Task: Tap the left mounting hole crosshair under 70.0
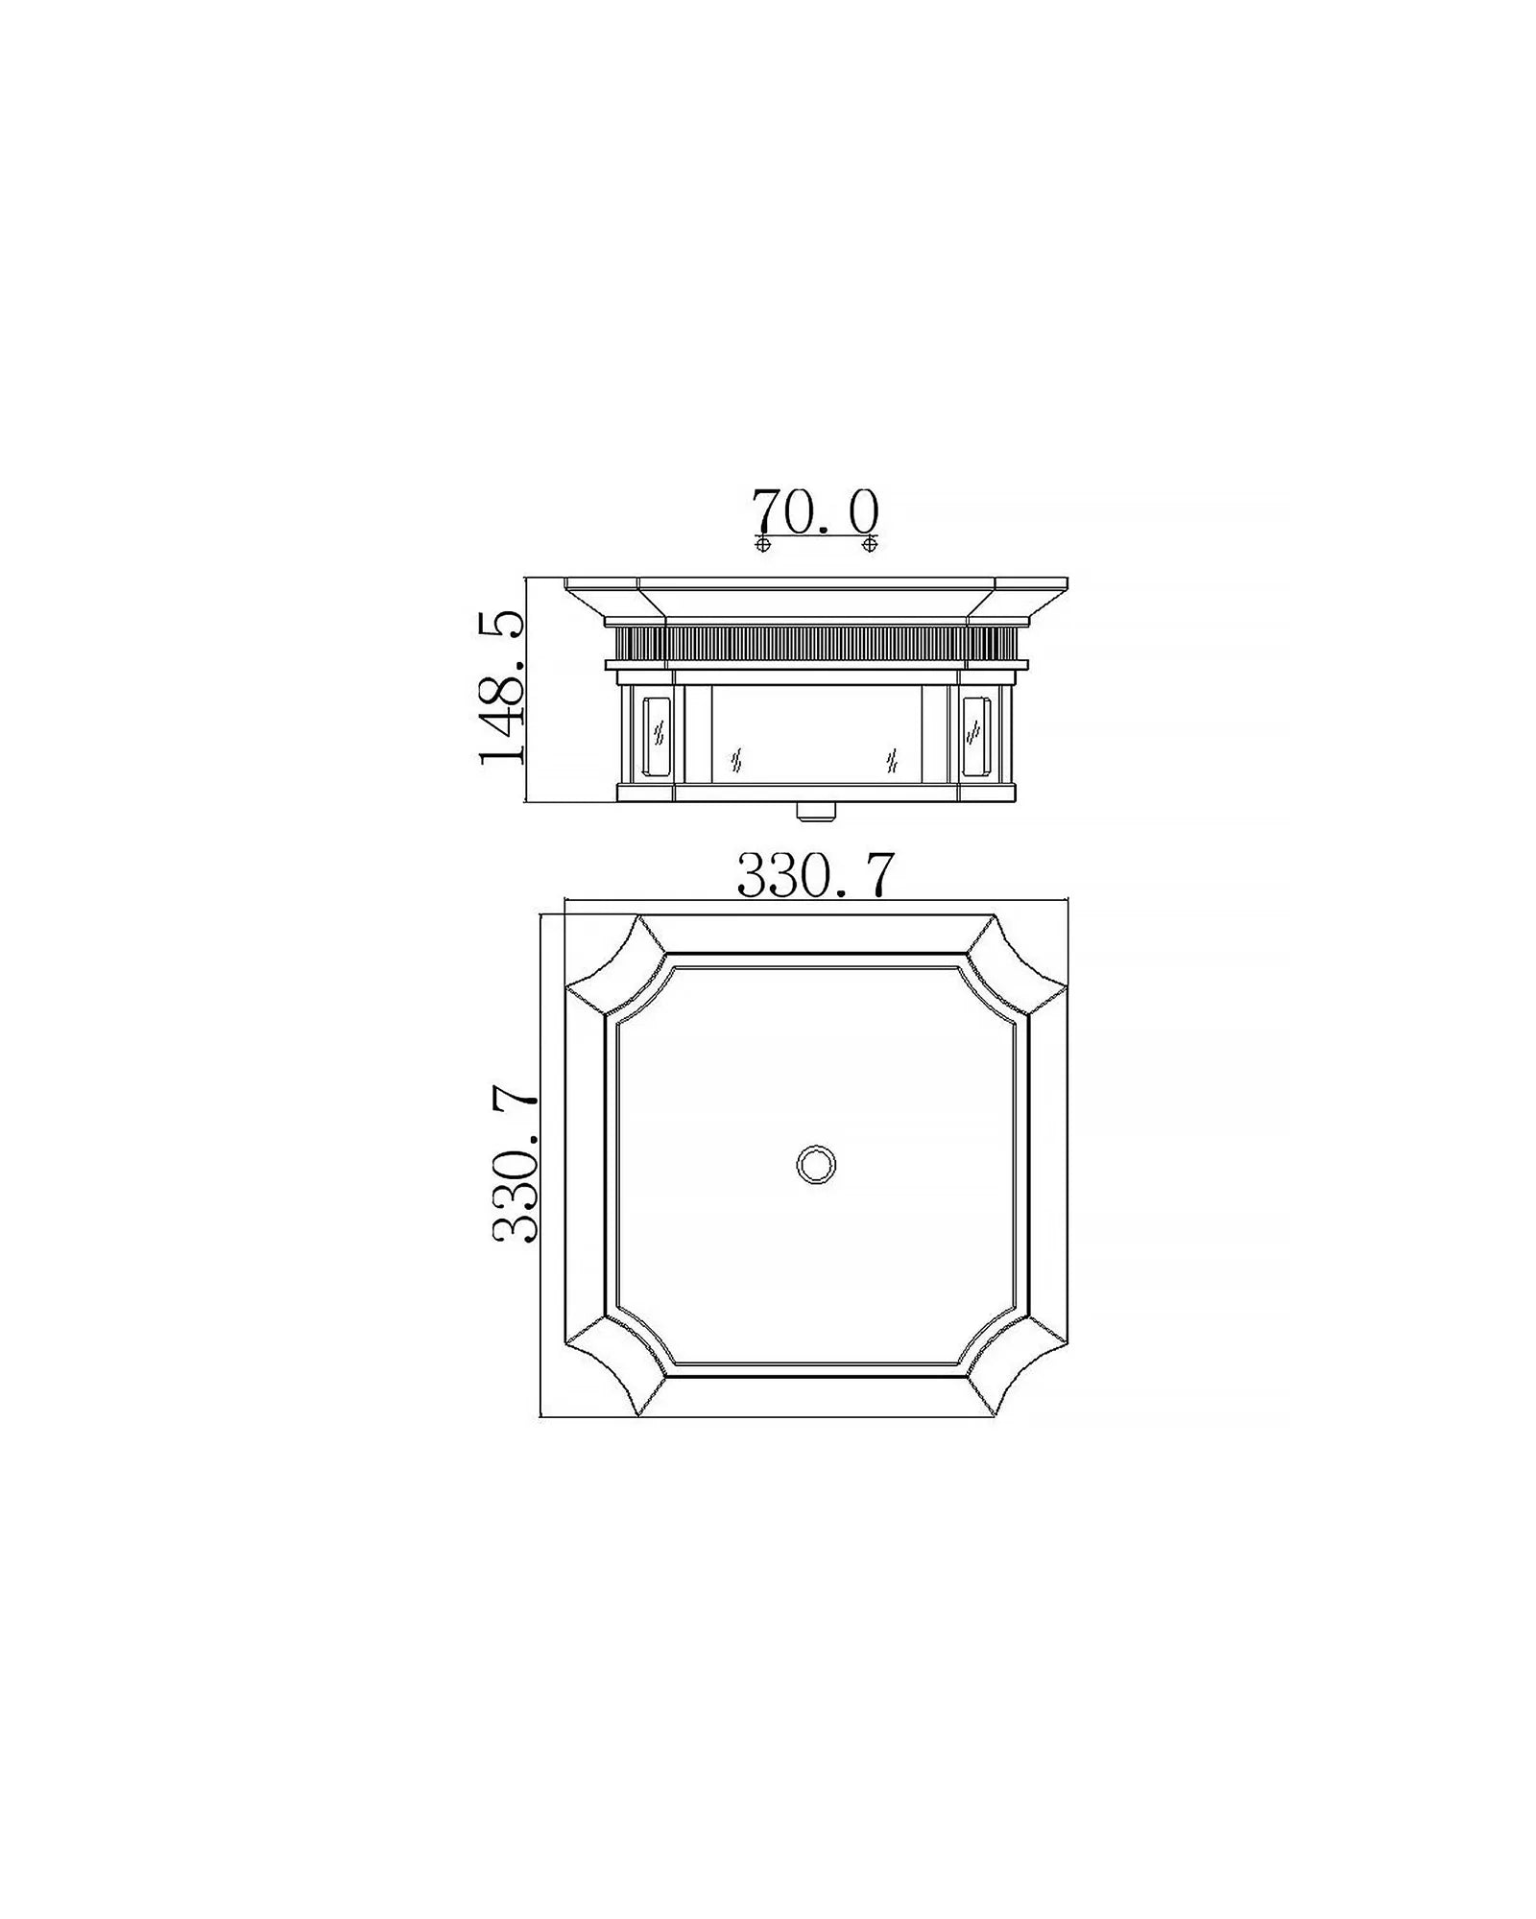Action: click(x=762, y=545)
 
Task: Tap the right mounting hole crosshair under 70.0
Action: click(x=871, y=545)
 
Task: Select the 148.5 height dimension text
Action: click(x=502, y=688)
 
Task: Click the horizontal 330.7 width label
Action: click(x=816, y=875)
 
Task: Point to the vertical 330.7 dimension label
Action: click(x=515, y=1164)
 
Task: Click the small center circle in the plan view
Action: click(x=816, y=1165)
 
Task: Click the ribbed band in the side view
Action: click(x=816, y=642)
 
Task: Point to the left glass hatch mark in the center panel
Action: click(x=736, y=760)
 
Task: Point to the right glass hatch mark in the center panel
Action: click(x=894, y=760)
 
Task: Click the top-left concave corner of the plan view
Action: click(x=614, y=964)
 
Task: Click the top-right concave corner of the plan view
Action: click(x=1018, y=964)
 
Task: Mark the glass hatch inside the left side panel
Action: click(x=659, y=734)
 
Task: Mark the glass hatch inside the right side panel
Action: click(x=973, y=734)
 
